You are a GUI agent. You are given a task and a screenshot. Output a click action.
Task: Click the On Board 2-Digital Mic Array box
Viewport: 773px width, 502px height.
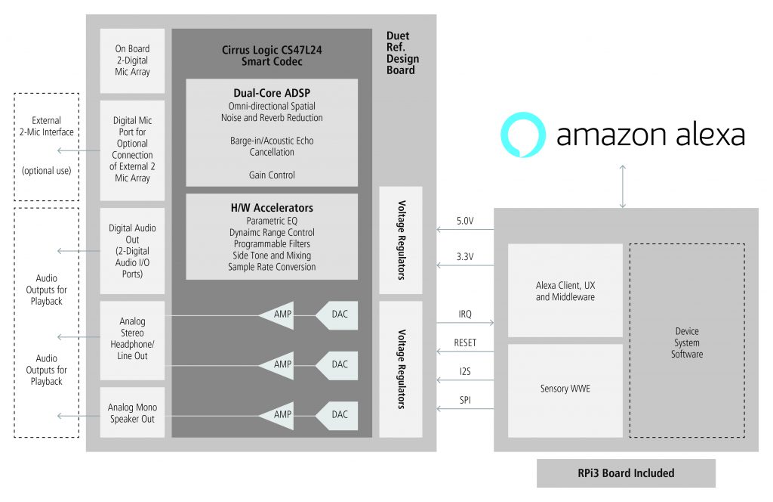[131, 60]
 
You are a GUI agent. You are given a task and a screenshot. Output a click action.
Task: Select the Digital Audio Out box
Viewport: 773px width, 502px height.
[131, 250]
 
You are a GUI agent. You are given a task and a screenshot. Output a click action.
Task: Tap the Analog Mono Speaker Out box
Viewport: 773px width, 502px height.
[131, 413]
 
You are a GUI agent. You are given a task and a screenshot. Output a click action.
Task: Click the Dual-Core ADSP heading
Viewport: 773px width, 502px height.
[272, 94]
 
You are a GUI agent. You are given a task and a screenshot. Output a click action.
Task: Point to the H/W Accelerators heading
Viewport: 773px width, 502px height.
[272, 208]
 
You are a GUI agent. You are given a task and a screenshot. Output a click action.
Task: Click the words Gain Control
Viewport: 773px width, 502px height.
[272, 175]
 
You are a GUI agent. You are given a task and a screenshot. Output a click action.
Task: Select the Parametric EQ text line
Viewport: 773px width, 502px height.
[272, 221]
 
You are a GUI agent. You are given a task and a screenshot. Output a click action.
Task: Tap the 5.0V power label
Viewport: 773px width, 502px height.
[466, 222]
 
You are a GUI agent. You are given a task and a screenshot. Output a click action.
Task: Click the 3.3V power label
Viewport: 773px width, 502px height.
[465, 257]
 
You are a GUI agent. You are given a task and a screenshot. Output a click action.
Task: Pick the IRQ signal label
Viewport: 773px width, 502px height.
[466, 314]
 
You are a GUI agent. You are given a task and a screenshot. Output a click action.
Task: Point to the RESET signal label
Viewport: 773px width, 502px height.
[466, 342]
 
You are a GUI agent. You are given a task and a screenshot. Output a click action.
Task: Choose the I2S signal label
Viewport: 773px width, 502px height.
[466, 371]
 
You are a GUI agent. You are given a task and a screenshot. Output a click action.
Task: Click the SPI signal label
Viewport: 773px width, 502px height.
[466, 400]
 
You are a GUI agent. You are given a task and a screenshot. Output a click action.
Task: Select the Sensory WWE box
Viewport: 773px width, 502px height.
[565, 389]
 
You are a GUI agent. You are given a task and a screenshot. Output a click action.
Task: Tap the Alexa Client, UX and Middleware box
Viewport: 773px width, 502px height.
[565, 291]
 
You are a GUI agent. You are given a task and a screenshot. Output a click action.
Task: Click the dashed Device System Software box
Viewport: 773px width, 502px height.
[687, 342]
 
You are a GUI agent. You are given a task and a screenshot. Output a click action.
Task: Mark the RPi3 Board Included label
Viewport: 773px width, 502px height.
[626, 473]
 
